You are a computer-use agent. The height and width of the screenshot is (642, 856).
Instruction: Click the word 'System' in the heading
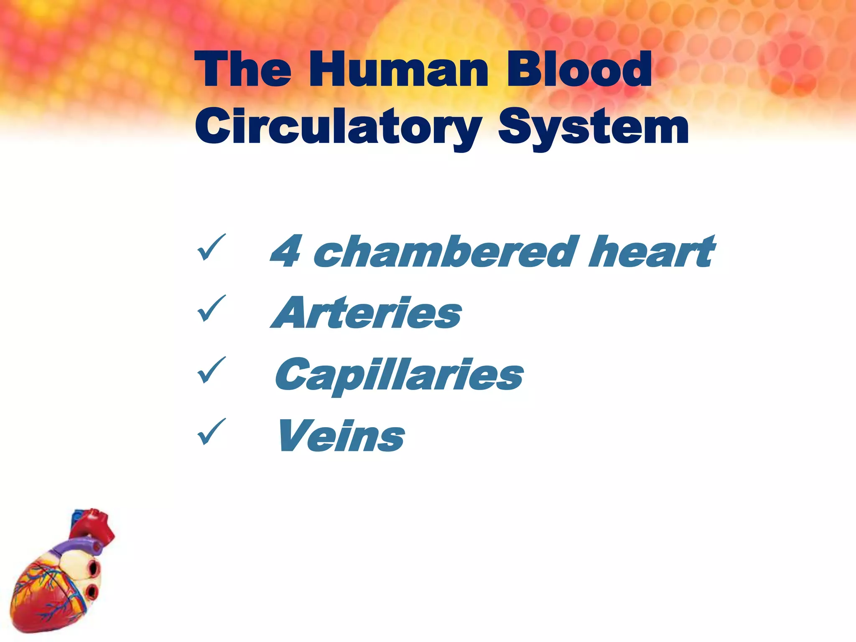click(593, 127)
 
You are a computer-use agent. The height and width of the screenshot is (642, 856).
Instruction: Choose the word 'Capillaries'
click(399, 375)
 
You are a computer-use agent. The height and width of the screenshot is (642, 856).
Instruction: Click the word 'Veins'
click(341, 436)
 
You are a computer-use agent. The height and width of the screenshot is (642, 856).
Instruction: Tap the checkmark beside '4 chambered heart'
click(211, 247)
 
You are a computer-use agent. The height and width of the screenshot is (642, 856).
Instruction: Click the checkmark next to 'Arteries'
click(211, 308)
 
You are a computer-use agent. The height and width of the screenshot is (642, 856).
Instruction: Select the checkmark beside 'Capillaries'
click(211, 370)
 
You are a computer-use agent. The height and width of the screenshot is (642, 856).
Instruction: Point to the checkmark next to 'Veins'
click(211, 432)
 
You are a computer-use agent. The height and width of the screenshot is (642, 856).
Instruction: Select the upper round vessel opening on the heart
click(94, 568)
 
